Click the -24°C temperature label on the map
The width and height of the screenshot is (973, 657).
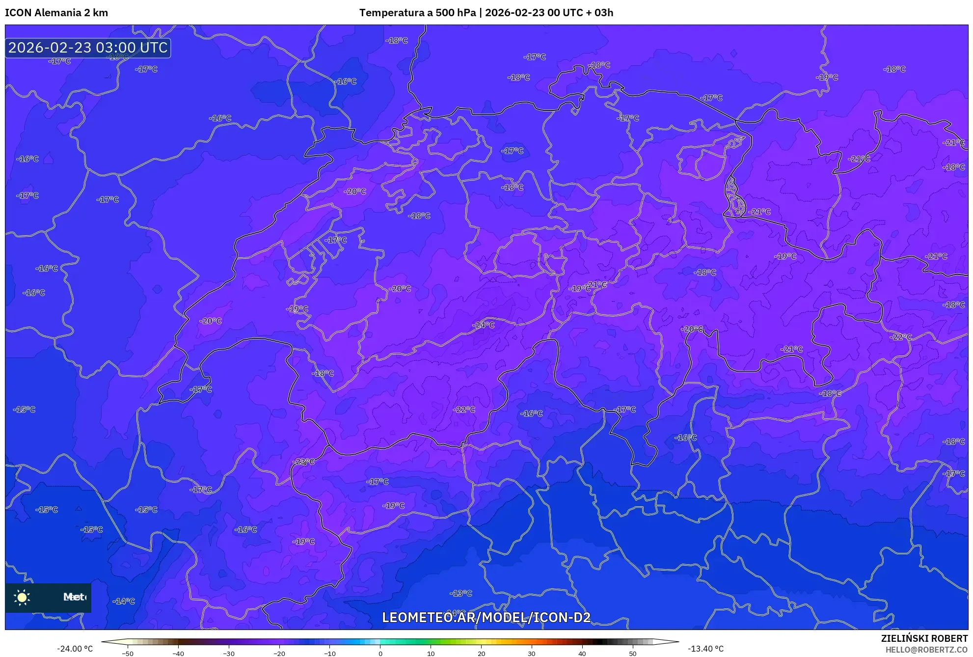coord(484,325)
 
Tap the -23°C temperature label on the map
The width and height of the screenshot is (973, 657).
coord(304,462)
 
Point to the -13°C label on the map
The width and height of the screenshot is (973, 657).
coord(461,593)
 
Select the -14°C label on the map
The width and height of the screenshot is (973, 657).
coord(124,601)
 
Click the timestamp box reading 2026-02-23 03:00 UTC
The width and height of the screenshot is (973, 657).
coord(88,48)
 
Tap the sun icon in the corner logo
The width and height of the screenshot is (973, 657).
coord(22,597)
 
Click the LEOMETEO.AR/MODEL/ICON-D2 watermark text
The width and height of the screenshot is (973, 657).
coord(486,617)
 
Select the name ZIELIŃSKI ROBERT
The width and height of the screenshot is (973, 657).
coord(924,638)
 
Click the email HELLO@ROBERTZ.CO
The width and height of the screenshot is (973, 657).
coord(926,650)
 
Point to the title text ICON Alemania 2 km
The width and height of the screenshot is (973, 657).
coord(56,13)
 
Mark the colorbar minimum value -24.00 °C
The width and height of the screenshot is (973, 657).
coord(75,649)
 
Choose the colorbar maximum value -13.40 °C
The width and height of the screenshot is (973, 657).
coord(705,649)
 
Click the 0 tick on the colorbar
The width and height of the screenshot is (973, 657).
coord(380,654)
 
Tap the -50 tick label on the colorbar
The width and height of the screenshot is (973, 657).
coord(128,654)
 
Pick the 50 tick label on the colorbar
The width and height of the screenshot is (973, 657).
coord(633,654)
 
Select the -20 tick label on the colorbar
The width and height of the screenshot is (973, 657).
coord(279,654)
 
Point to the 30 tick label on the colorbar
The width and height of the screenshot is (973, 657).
coord(532,654)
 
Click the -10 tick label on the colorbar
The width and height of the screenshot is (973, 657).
coord(329,654)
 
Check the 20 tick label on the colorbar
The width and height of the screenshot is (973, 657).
coord(481,654)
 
